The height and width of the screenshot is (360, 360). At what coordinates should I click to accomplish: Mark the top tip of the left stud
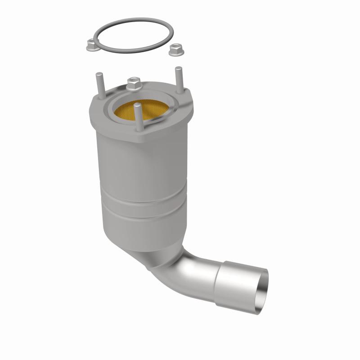97,72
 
